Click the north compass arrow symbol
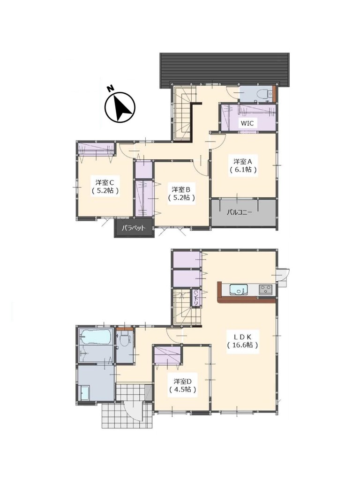coord(120,107)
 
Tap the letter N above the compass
coord(110,89)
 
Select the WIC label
coord(247,123)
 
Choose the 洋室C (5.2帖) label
coord(105,187)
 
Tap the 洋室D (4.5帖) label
coord(182,385)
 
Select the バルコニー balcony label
coord(240,212)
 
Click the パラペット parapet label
coord(133,228)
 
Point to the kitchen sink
coord(239,289)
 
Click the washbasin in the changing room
coord(84,392)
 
